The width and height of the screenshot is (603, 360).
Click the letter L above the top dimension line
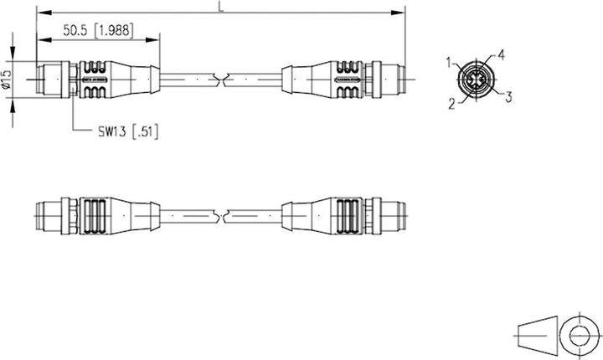[x=219, y=7]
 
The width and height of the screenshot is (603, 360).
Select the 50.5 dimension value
[x=76, y=30]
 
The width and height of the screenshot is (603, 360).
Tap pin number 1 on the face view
[x=450, y=62]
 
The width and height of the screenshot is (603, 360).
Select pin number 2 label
[x=451, y=104]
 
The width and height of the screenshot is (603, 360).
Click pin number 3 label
[x=508, y=97]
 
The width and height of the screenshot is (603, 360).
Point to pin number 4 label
[x=501, y=55]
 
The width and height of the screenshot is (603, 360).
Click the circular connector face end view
[x=477, y=80]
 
